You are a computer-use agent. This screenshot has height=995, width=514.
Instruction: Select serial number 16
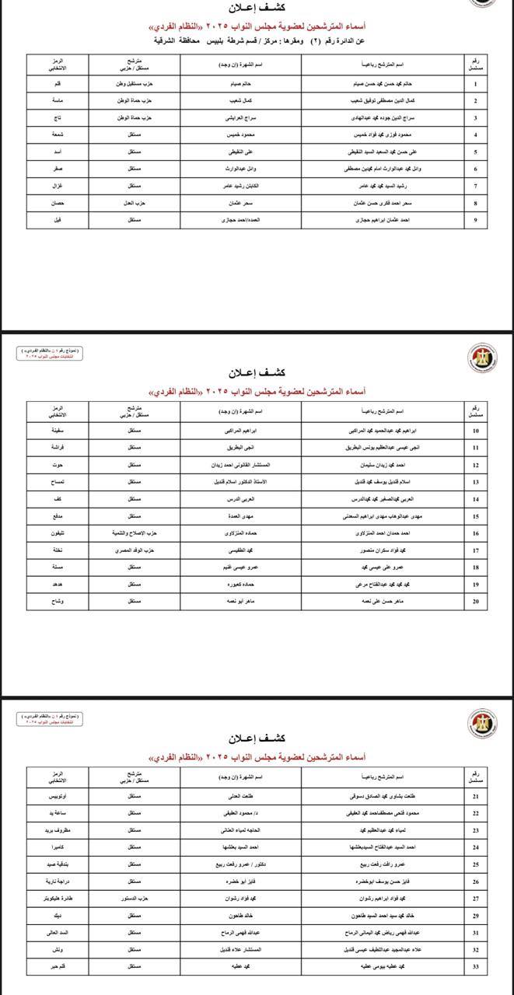(475, 534)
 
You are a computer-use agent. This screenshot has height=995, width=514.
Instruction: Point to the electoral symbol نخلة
(58, 551)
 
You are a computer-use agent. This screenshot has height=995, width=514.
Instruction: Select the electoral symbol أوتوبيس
(58, 797)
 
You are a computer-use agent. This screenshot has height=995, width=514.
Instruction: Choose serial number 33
(475, 967)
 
